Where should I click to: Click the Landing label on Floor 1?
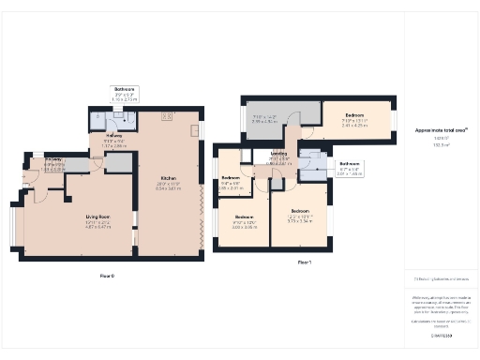(x=278, y=153)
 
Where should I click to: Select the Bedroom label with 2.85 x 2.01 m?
(x=231, y=178)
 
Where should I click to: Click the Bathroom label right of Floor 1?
(x=350, y=163)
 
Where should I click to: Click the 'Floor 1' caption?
(x=304, y=262)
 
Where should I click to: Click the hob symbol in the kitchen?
(x=167, y=116)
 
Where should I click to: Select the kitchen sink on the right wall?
(x=198, y=130)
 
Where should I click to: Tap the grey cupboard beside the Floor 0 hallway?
(x=118, y=163)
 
